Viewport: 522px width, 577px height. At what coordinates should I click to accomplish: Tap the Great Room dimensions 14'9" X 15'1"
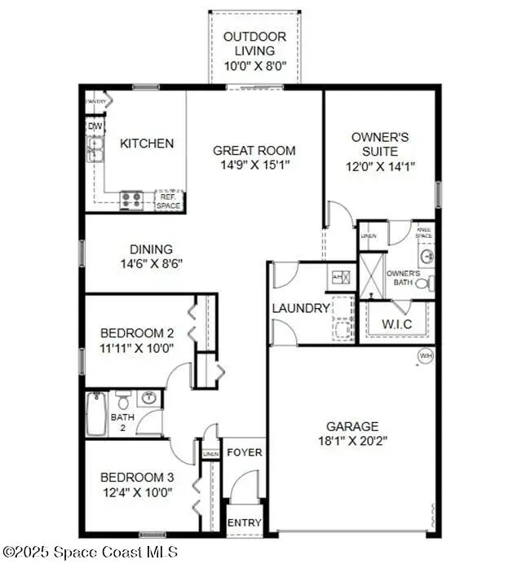(x=254, y=165)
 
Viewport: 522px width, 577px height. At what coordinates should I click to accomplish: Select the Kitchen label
(x=147, y=143)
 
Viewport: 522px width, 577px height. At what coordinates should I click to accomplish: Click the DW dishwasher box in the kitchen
(x=95, y=126)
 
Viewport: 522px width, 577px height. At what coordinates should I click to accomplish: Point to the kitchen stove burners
(x=131, y=200)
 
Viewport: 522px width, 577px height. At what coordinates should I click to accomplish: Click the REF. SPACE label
(x=169, y=200)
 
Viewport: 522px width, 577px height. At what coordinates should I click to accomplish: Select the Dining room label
(x=151, y=249)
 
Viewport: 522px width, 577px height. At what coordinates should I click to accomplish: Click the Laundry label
(x=301, y=308)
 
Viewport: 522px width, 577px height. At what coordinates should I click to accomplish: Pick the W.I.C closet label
(x=396, y=324)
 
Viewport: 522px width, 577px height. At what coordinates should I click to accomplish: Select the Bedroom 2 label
(x=137, y=333)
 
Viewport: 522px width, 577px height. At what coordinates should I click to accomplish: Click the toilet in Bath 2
(x=122, y=400)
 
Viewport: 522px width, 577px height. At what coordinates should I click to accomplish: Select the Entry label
(x=244, y=522)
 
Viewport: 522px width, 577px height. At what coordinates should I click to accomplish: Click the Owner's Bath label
(x=402, y=278)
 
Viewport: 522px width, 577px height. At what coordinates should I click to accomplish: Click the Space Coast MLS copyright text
(x=91, y=552)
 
